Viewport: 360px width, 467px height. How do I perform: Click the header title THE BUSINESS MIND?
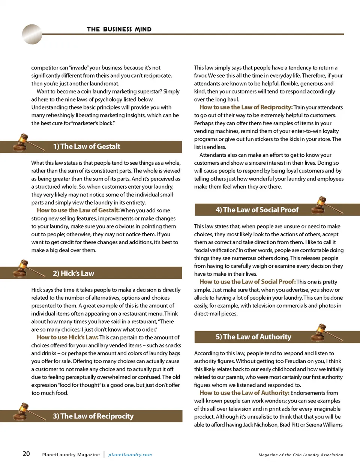coord(119,29)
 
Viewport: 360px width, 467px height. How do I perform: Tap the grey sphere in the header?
coord(32,34)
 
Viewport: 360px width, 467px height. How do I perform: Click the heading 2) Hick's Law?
coord(73,273)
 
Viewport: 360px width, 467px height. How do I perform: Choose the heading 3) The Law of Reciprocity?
coord(93,416)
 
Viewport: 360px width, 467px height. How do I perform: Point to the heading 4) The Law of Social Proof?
coord(257,210)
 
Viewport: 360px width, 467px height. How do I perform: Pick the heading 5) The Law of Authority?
coord(253,336)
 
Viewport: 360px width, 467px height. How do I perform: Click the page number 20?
coord(26,454)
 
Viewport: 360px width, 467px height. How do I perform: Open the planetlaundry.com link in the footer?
coord(130,455)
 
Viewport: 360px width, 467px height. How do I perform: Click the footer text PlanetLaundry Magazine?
coord(71,455)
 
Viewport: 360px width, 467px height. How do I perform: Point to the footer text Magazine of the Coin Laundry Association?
coord(301,455)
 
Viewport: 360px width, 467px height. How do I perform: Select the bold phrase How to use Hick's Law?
coord(67,337)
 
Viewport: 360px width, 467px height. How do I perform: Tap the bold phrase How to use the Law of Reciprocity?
coord(246,107)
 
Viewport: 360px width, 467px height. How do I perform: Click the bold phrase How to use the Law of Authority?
coord(244,393)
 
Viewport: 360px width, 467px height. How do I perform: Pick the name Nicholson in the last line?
coord(266,425)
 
